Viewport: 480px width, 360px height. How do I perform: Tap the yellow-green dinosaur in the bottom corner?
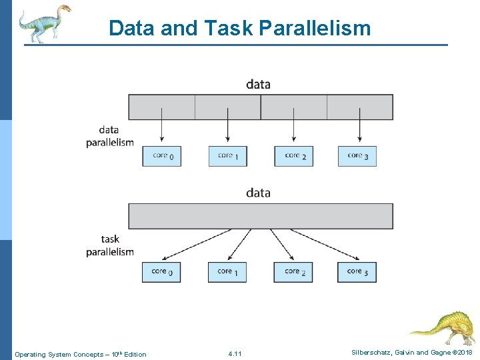point(443,327)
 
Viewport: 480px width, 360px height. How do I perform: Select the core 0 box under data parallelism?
point(162,156)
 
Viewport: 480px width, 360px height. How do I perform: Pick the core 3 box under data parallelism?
point(357,156)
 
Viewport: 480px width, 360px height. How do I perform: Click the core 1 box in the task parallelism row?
point(227,272)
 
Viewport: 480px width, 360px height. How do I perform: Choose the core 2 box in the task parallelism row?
point(293,272)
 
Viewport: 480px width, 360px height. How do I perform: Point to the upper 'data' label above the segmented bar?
point(258,84)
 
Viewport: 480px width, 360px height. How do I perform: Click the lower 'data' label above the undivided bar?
point(258,193)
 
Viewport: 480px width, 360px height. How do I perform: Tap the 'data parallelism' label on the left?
point(109,136)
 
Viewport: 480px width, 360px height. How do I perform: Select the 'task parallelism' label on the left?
point(110,245)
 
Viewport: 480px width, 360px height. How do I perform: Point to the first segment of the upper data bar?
point(161,107)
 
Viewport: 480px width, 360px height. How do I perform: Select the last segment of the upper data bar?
point(360,107)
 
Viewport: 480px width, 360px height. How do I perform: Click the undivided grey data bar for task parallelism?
point(261,216)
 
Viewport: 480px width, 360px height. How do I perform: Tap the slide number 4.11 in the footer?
point(235,353)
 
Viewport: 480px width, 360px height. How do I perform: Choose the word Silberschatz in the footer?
point(372,352)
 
